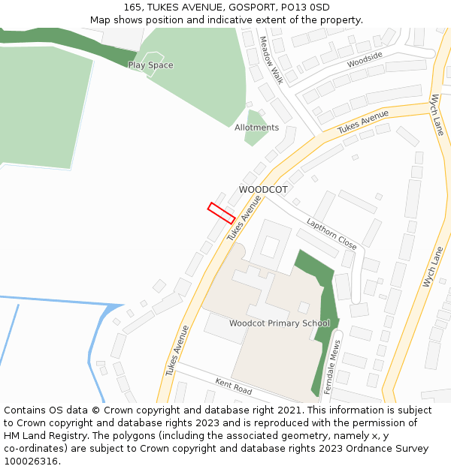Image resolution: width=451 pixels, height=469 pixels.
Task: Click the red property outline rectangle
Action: tap(221, 213)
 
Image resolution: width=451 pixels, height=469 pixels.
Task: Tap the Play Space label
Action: tap(150, 65)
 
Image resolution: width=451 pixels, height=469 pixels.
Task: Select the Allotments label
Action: tap(256, 128)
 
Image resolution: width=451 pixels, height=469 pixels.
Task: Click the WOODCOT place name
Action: tap(263, 190)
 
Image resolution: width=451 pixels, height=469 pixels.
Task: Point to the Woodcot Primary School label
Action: tap(280, 323)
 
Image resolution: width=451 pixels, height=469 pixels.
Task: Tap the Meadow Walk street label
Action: tap(271, 59)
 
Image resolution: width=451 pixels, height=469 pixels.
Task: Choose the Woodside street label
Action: tap(365, 59)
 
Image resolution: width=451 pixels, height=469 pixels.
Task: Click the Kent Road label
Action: tap(233, 386)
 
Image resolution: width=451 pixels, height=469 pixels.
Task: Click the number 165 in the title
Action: tap(133, 7)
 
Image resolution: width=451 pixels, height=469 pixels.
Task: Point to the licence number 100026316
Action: tap(32, 461)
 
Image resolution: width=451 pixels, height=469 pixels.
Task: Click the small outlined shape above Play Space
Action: tap(153, 56)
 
